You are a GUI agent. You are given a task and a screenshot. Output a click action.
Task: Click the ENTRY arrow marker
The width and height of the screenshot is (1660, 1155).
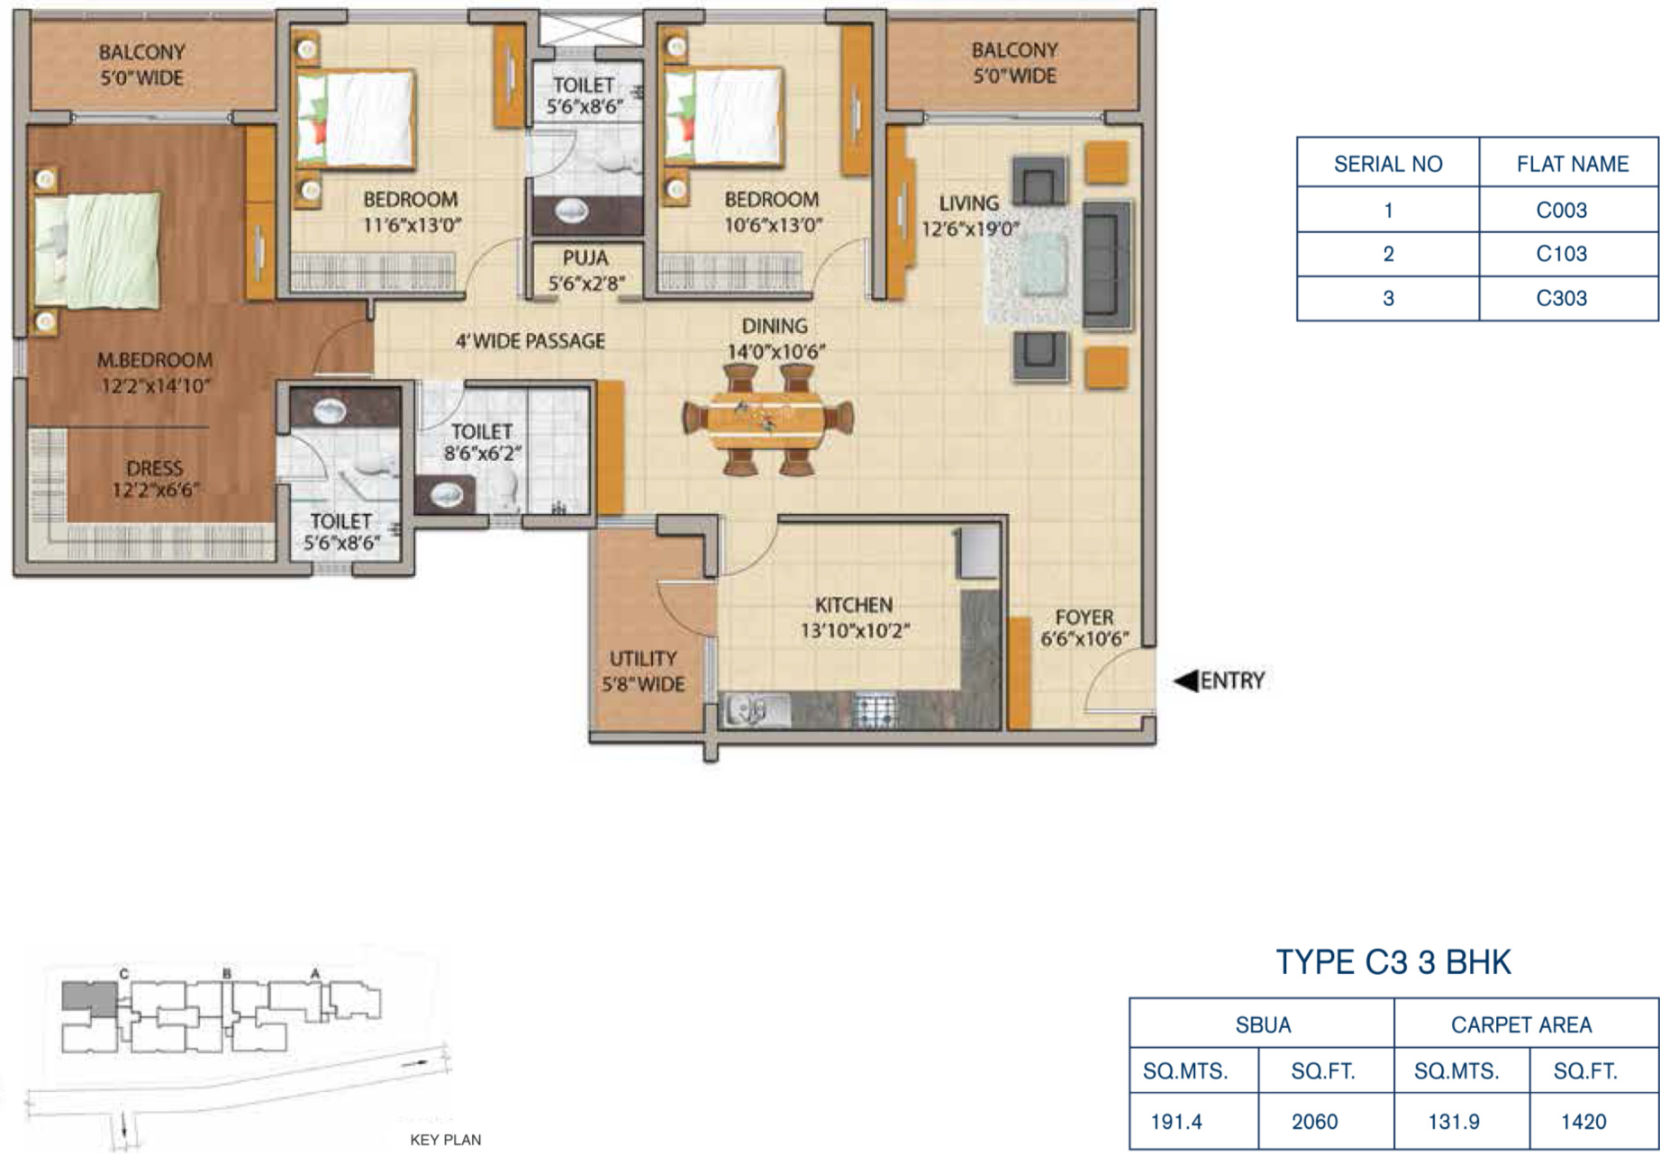[x=1186, y=681]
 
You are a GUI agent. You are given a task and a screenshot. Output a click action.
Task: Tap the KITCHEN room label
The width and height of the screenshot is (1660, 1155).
[x=854, y=605]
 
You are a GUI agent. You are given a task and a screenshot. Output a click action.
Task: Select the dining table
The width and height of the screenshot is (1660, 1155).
[x=768, y=420]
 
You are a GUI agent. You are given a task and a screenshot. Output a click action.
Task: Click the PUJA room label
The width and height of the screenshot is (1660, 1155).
[x=585, y=258]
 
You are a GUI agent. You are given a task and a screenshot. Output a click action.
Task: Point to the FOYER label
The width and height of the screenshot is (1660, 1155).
[x=1084, y=618]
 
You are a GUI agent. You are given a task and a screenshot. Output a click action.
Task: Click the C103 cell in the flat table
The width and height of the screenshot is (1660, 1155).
[x=1561, y=254]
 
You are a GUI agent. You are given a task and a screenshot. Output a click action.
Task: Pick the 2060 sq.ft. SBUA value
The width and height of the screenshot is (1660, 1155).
[x=1314, y=1122]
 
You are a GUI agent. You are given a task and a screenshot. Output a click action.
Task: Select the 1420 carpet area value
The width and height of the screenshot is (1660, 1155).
[x=1583, y=1122]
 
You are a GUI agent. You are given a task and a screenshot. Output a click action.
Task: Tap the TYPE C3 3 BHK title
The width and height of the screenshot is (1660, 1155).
[x=1393, y=962]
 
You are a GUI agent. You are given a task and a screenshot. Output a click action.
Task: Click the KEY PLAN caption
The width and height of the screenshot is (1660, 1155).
[x=445, y=1140]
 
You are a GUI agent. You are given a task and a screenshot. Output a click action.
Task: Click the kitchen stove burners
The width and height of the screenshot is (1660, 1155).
[x=873, y=710]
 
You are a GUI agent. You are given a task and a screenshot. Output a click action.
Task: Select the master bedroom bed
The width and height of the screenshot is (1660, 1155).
[x=96, y=249]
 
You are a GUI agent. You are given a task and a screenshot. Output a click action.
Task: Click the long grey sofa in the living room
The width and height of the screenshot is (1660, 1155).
[x=1106, y=265]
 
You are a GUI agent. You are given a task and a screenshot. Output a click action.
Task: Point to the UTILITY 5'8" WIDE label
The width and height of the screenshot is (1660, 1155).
[x=643, y=672]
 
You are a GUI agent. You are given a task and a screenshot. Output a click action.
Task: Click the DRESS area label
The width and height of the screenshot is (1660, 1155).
[x=154, y=468]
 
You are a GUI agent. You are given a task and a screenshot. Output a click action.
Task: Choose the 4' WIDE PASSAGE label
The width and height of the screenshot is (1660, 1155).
[x=530, y=341]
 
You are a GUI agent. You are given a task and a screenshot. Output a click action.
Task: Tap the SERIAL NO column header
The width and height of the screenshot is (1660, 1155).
[x=1388, y=164]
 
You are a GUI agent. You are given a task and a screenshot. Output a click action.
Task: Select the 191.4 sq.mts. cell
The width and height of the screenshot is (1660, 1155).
[x=1176, y=1122]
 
